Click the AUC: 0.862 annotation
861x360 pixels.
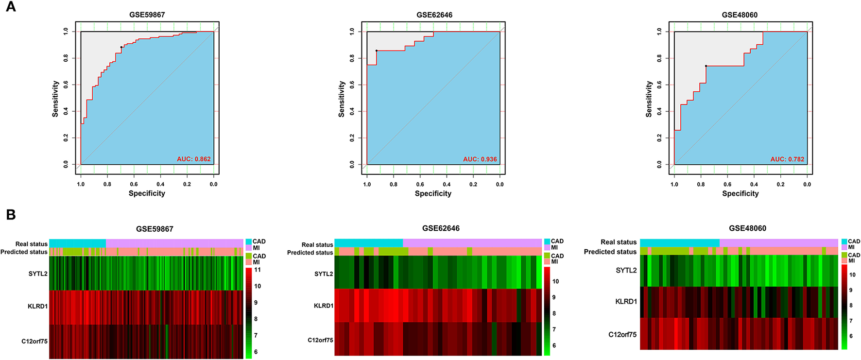point(193,159)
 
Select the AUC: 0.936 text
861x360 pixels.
point(480,159)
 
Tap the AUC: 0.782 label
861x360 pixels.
point(787,159)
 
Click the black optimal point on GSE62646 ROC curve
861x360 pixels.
point(376,51)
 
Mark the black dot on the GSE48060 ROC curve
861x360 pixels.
point(706,66)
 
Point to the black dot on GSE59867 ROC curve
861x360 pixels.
point(121,47)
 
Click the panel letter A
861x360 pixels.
point(10,7)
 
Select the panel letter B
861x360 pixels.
point(10,215)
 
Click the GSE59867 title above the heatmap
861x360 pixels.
point(155,229)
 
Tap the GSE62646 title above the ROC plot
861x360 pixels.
point(434,15)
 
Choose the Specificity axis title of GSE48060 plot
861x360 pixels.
point(740,193)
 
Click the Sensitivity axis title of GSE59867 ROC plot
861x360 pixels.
point(55,99)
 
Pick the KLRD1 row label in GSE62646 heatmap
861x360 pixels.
point(323,306)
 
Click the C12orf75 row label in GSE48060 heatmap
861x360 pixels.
point(622,334)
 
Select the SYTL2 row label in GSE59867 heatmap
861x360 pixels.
point(38,274)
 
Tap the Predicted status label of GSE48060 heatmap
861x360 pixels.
point(610,252)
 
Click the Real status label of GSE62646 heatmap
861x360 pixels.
point(317,245)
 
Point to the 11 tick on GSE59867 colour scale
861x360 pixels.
point(258,270)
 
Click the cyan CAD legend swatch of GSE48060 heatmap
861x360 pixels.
point(844,241)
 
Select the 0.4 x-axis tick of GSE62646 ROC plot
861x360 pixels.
point(447,185)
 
